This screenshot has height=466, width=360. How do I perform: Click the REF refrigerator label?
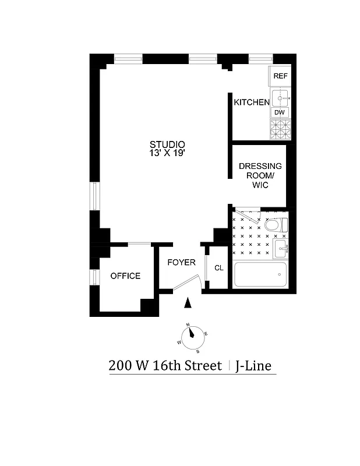point(280,76)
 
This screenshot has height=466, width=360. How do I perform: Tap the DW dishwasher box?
point(280,112)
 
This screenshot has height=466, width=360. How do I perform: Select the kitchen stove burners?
point(280,129)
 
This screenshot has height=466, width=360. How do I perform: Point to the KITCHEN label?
point(252,103)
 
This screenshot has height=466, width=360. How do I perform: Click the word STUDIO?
point(167,144)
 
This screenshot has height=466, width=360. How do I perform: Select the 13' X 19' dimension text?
point(167,153)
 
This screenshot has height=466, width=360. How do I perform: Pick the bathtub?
point(260,274)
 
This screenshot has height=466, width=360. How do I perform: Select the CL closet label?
point(218,269)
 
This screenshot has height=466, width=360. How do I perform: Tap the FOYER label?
point(181,263)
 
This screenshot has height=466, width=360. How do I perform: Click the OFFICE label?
point(126,276)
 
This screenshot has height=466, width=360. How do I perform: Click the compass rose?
point(192,337)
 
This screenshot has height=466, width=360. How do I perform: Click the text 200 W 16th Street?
point(165,366)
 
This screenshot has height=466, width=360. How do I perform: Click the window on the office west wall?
point(93,276)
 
